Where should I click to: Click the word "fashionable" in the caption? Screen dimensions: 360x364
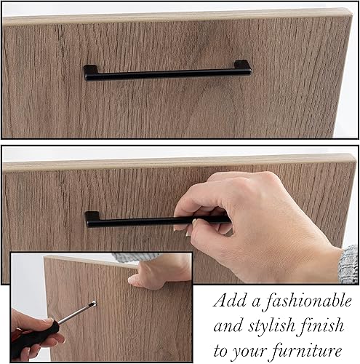(307, 301)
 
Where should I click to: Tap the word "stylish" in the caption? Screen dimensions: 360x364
(271, 326)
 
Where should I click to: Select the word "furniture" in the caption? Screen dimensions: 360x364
(307, 351)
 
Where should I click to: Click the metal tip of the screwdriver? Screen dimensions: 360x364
(93, 304)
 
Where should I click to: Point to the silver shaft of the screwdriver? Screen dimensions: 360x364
(75, 314)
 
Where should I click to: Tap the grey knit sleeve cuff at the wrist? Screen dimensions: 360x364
(348, 264)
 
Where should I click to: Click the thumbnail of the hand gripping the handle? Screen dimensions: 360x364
(194, 221)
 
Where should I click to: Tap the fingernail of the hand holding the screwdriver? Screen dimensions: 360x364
(48, 320)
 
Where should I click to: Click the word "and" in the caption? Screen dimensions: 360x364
(228, 327)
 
